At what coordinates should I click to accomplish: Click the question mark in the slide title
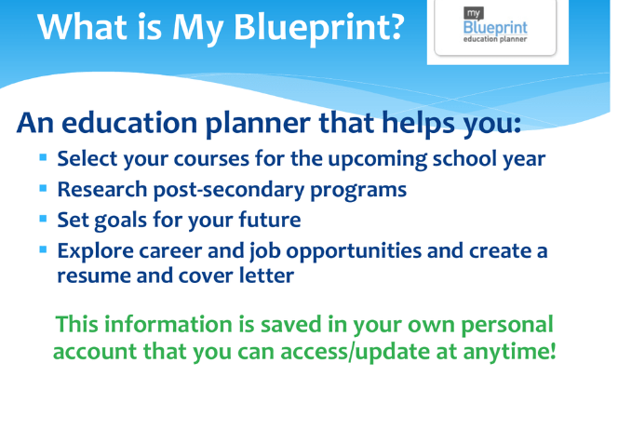[x=395, y=26]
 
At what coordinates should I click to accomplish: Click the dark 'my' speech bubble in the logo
[x=473, y=14]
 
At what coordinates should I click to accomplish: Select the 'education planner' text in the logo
[x=495, y=39]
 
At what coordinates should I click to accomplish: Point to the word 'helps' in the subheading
[x=419, y=124]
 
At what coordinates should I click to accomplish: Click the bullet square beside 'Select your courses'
[x=44, y=157]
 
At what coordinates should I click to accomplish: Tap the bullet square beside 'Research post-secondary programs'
[x=44, y=188]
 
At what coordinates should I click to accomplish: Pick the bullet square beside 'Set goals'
[x=44, y=219]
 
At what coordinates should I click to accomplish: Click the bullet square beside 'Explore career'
[x=44, y=249]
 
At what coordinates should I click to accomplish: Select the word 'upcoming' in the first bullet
[x=377, y=160]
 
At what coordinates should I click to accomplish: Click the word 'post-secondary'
[x=229, y=190]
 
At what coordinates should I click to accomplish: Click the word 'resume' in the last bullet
[x=94, y=276]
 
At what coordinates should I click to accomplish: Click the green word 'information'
[x=168, y=325]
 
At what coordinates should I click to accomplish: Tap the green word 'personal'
[x=507, y=326]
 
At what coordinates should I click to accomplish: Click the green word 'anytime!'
[x=510, y=352]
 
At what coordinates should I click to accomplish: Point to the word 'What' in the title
[x=83, y=26]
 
